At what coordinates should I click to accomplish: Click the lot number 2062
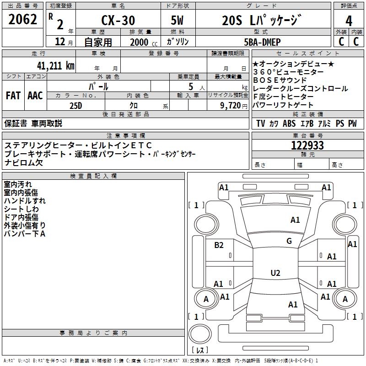(22, 19)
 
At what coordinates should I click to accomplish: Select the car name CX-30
(118, 21)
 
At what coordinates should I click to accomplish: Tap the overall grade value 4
(349, 21)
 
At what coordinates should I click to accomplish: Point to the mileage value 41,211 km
(55, 66)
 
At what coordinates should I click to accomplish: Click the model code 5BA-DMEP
(262, 42)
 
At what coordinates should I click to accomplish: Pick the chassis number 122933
(307, 145)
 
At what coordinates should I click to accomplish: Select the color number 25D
(76, 106)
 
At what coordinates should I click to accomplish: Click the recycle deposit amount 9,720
(231, 106)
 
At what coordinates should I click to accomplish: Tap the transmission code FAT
(13, 96)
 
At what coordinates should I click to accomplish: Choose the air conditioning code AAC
(35, 96)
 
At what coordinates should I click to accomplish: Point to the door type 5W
(177, 21)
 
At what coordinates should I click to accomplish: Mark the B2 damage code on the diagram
(219, 245)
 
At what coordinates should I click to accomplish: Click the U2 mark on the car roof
(275, 273)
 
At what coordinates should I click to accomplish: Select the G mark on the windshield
(289, 241)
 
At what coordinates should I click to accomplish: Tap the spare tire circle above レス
(200, 334)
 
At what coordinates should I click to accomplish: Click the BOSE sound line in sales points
(280, 81)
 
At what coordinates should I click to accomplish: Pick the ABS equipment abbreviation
(289, 124)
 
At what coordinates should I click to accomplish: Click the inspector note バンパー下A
(25, 234)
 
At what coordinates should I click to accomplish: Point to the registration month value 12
(60, 42)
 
